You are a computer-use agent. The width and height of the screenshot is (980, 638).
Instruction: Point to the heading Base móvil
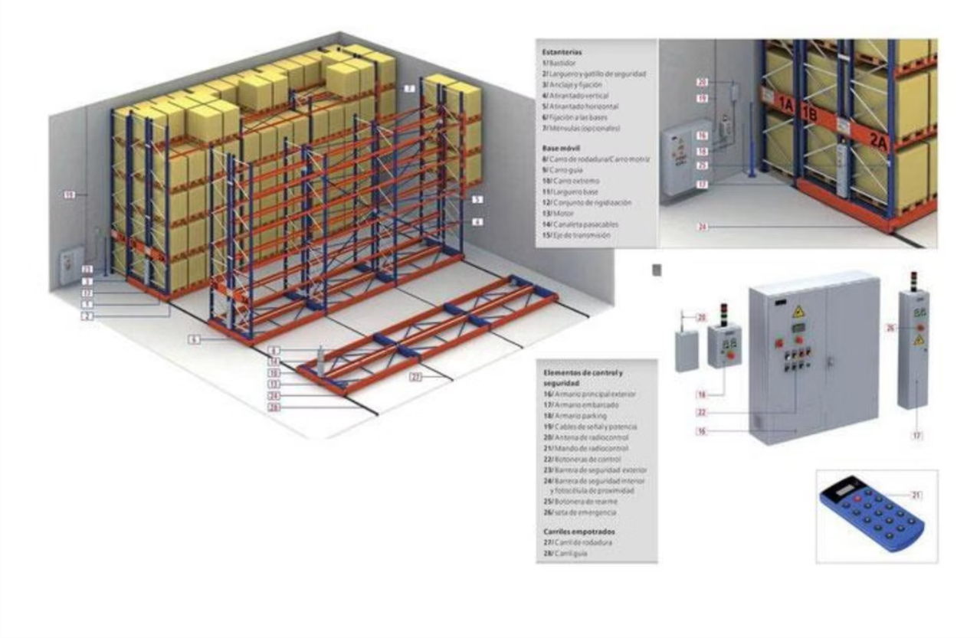(559, 149)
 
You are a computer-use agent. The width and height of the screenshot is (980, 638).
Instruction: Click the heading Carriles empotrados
(578, 530)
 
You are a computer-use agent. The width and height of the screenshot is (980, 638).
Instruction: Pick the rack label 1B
(809, 113)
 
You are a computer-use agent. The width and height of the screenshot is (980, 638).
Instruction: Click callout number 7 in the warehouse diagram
(410, 89)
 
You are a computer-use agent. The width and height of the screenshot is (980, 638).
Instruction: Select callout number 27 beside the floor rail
(416, 377)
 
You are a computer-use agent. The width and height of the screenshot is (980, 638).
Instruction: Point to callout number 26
(890, 328)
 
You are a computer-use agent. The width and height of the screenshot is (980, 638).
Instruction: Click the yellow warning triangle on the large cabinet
(798, 311)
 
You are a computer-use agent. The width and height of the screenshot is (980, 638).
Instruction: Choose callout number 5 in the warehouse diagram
(477, 199)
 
